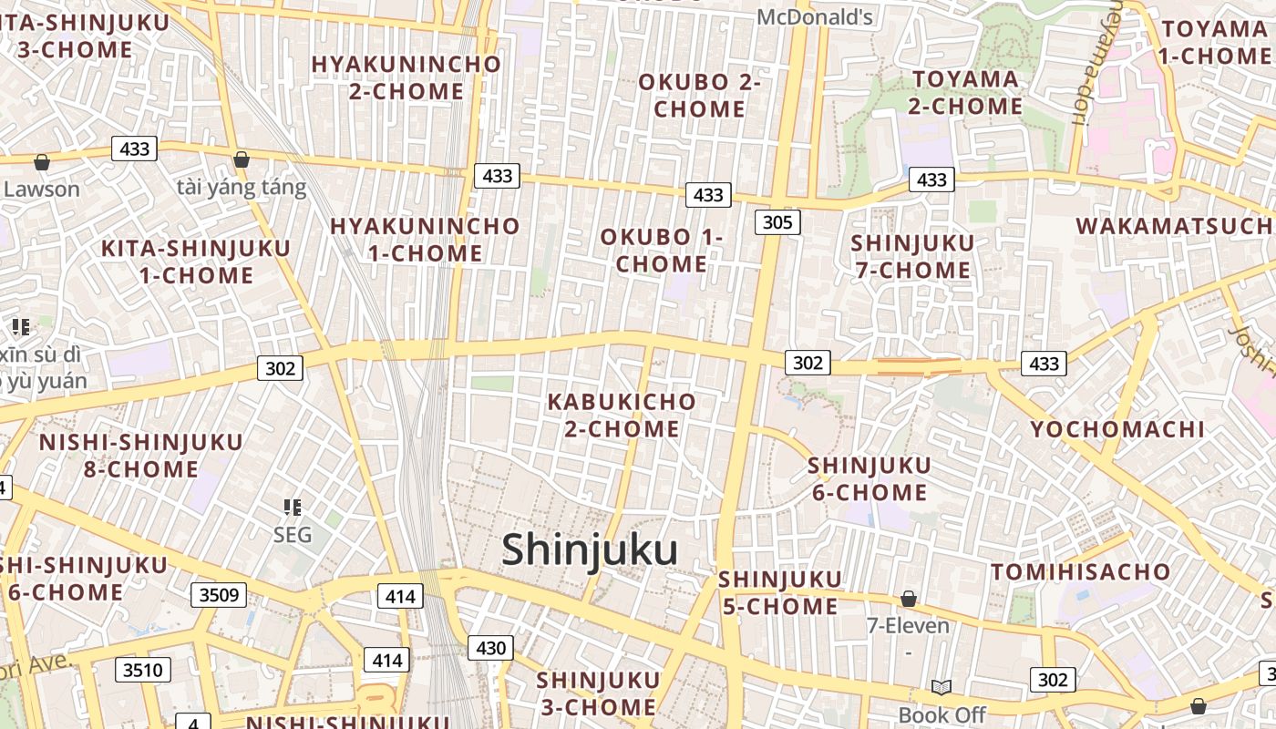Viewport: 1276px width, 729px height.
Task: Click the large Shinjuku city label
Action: coord(590,550)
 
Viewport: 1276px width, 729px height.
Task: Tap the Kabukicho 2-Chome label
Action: coord(622,415)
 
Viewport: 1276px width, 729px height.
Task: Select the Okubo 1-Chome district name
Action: coord(661,251)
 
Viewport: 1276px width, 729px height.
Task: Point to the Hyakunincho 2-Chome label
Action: coord(406,77)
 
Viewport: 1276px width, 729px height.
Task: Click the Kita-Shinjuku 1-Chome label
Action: coord(196,262)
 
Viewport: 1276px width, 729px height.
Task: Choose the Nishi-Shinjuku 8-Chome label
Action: coord(141,456)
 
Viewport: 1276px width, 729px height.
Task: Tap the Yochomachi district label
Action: coord(1116,429)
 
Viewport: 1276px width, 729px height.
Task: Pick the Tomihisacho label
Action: coord(1080,572)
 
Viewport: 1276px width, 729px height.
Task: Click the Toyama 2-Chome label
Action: coord(965,93)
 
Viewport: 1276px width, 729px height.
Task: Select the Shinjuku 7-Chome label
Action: coord(912,256)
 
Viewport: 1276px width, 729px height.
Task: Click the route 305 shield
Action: coord(777,221)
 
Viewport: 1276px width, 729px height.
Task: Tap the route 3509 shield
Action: coord(219,595)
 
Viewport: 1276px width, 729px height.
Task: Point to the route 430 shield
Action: coord(490,648)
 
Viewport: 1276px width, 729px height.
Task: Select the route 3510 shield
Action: coord(143,671)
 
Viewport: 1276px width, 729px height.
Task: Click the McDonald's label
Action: coord(815,16)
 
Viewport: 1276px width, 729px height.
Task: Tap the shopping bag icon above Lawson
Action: coord(42,162)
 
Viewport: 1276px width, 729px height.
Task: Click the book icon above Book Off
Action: coord(941,687)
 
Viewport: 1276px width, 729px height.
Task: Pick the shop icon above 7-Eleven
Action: coord(908,599)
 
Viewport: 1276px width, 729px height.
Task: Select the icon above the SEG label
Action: coord(293,507)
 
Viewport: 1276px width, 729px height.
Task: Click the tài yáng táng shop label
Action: coord(242,188)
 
